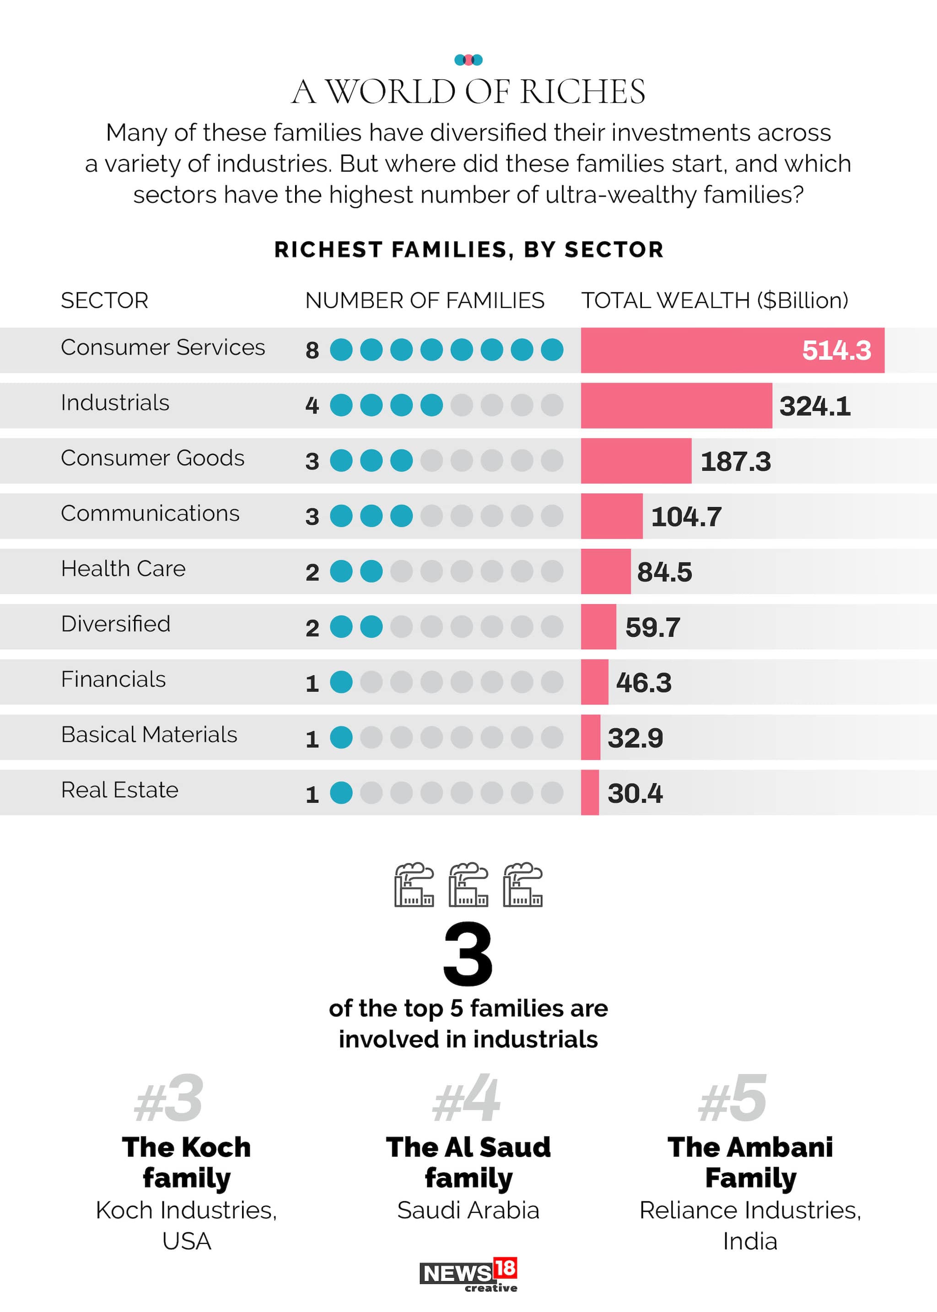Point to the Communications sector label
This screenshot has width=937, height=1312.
[150, 513]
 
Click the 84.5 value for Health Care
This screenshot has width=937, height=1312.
[664, 572]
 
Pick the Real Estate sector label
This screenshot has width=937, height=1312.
[119, 790]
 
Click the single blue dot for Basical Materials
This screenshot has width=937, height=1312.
[341, 737]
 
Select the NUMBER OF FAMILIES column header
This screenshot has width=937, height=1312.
[424, 301]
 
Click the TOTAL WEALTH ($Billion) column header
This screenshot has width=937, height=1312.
[714, 301]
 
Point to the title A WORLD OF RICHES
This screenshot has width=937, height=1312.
[468, 92]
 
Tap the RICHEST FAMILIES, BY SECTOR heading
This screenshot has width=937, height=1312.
[468, 250]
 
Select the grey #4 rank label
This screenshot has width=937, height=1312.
[467, 1099]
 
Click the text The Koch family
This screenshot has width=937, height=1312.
[186, 1162]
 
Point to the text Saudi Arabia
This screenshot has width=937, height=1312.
[468, 1210]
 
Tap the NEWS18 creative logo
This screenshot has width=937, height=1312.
[468, 1275]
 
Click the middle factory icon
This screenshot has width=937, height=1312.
[468, 885]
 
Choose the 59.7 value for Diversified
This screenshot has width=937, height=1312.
[652, 628]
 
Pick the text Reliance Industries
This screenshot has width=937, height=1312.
[749, 1210]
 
